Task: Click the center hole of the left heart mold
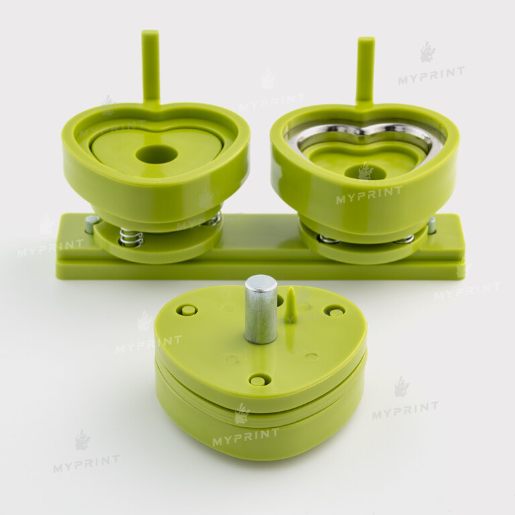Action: (x=157, y=154)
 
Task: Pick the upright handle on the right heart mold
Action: (x=365, y=72)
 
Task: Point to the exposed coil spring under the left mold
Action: (x=131, y=237)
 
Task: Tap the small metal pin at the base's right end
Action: (x=432, y=225)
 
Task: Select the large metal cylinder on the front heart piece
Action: (x=261, y=309)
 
